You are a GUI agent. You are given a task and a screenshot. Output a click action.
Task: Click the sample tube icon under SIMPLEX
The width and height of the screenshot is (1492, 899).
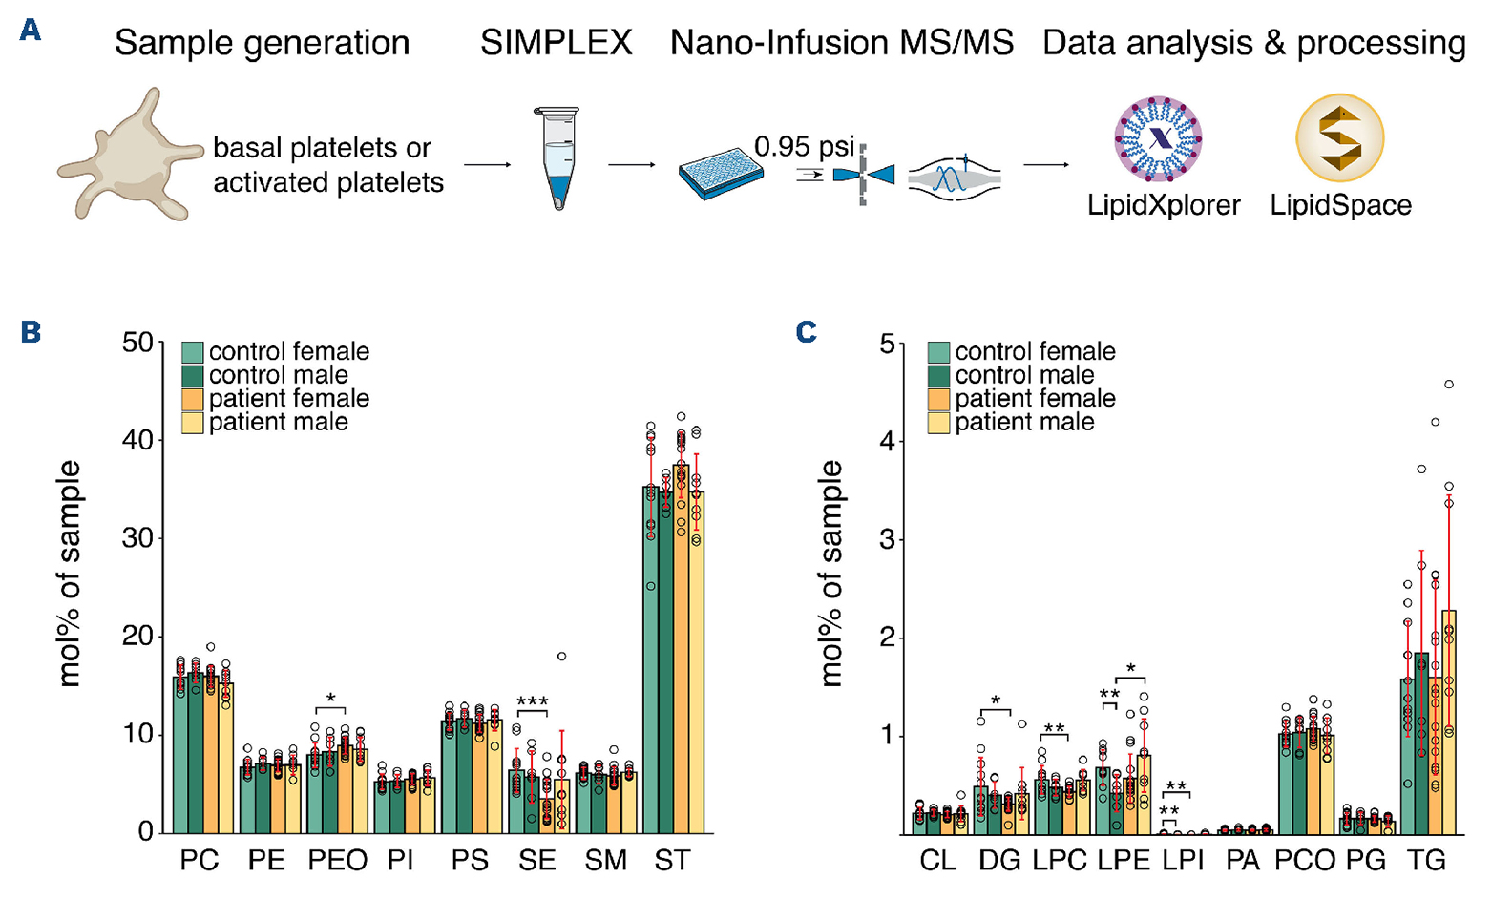point(555,157)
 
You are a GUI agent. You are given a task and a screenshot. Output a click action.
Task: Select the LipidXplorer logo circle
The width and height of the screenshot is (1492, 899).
point(1158,139)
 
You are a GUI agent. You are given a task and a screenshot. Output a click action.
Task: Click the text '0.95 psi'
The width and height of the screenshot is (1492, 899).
point(804,147)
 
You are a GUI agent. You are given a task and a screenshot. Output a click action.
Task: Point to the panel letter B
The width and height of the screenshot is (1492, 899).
point(31,332)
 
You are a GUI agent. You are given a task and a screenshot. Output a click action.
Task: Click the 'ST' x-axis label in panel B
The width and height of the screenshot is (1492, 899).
point(672,861)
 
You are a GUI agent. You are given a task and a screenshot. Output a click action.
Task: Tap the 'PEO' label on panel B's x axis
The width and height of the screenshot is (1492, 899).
point(338,861)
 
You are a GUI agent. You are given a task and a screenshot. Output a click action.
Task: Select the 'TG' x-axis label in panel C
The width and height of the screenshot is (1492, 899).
point(1426,861)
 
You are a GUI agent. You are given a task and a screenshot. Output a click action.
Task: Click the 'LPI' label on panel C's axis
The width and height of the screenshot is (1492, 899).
point(1183,861)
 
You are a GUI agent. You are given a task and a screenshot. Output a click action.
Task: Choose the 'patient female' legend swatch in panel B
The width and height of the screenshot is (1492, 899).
point(193,399)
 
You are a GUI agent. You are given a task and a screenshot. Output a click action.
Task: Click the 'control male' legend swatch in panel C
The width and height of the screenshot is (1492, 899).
point(938,375)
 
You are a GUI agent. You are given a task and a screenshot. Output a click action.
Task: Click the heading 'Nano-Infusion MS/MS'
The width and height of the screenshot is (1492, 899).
point(841,43)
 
